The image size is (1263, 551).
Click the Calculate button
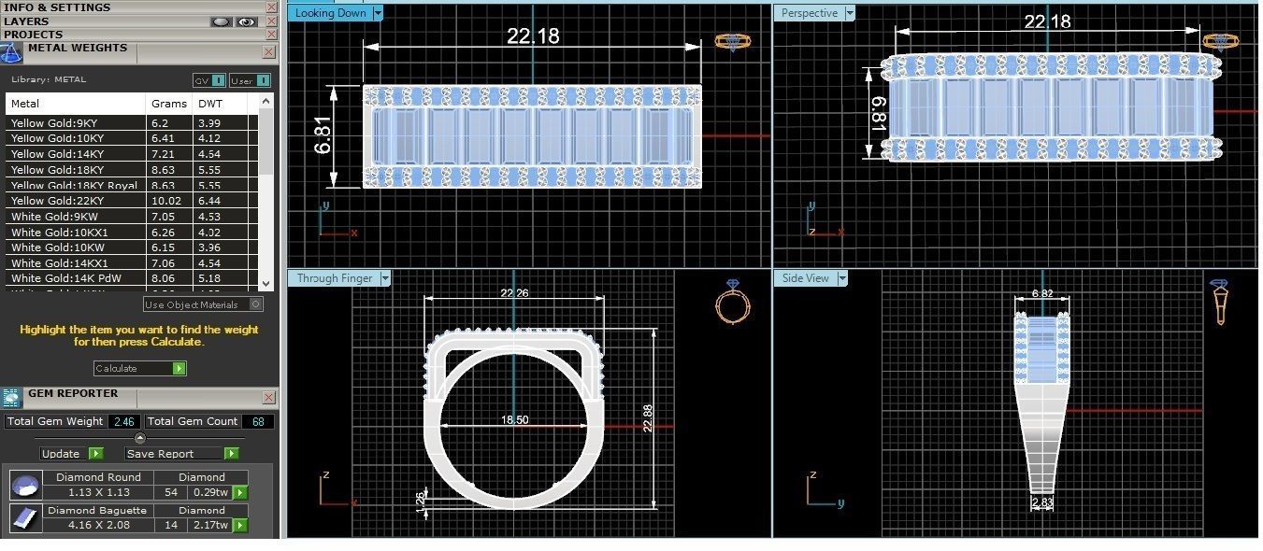point(139,369)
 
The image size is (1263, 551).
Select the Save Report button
point(181,454)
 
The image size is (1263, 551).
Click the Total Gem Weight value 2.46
point(123,422)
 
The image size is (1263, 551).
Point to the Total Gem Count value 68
point(257,422)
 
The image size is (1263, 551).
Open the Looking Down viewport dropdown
point(378,13)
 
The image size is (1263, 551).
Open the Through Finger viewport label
point(334,278)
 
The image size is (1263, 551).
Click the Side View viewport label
point(805,278)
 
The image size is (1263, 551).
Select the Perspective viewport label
point(810,13)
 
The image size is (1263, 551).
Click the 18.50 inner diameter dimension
point(514,420)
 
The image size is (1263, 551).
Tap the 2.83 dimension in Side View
point(1041,503)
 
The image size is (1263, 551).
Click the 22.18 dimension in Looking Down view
point(533,35)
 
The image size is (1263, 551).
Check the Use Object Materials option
point(256,304)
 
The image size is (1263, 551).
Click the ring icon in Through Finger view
point(732,305)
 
